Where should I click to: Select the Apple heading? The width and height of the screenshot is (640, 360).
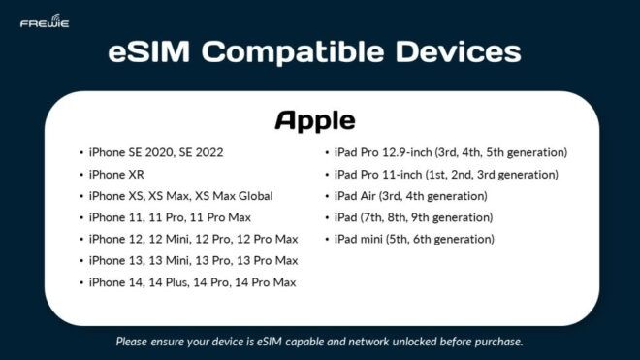click(x=315, y=119)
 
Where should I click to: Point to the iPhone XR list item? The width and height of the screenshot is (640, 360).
click(x=115, y=175)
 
